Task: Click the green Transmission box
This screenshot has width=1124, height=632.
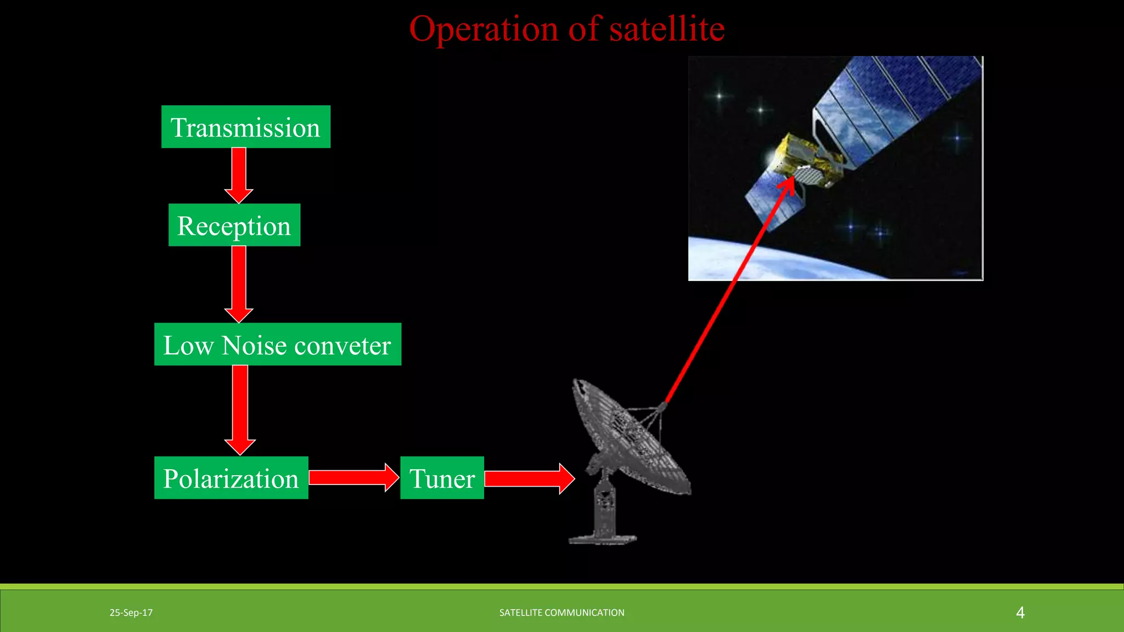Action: [245, 127]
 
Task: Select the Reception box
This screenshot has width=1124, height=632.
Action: [234, 225]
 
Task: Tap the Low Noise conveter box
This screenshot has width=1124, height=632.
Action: [277, 345]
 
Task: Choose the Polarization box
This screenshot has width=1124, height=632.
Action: [231, 478]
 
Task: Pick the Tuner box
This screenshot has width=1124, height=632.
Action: [442, 478]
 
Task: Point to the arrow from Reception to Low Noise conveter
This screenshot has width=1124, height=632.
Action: [239, 283]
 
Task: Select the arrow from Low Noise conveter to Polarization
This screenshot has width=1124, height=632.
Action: [240, 409]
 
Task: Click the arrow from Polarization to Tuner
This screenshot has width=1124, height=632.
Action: [353, 477]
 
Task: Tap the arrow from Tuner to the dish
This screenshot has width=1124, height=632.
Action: [529, 478]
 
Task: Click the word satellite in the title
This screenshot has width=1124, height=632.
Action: [667, 29]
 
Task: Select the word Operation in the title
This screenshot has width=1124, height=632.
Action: [483, 29]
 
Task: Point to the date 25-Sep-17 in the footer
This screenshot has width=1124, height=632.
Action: [131, 613]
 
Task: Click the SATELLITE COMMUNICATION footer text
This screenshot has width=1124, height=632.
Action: [561, 613]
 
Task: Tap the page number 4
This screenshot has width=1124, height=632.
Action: [1020, 613]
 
